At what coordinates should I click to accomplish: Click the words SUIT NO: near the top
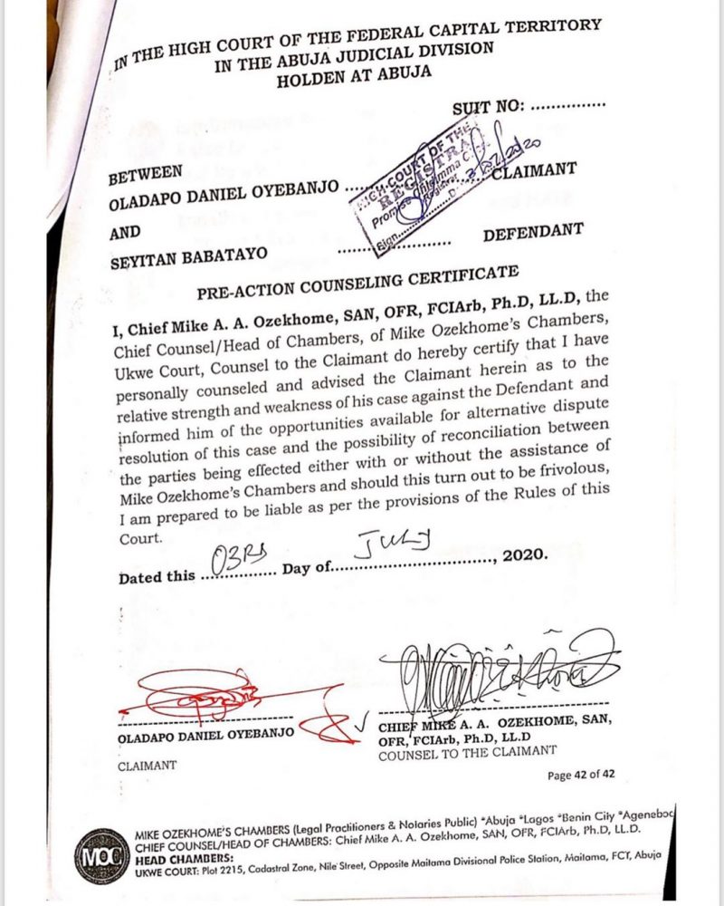coord(489,108)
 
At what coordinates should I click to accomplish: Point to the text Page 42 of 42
coord(582,775)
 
